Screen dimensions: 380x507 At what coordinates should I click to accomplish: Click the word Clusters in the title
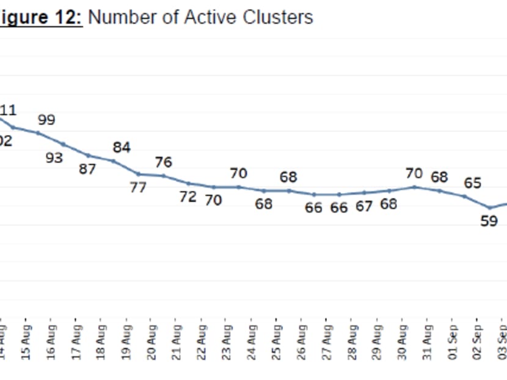[278, 16]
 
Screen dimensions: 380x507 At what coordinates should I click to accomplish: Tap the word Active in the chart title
[212, 16]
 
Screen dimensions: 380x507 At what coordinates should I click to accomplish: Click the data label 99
[46, 120]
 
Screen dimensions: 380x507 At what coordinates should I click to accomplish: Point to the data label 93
[54, 158]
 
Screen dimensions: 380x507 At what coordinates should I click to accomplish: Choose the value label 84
[121, 147]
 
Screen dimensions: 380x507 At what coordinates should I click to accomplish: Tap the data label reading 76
[163, 163]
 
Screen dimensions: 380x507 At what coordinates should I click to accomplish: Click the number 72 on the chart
[188, 197]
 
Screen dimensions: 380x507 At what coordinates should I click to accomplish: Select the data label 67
[364, 206]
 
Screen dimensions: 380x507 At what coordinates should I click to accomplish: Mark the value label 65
[472, 183]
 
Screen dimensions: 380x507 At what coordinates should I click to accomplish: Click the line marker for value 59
[489, 208]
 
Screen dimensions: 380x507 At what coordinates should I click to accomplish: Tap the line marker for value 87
[88, 155]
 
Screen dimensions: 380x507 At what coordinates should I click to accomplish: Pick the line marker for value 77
[138, 174]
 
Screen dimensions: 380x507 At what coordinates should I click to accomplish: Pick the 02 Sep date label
[477, 338]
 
